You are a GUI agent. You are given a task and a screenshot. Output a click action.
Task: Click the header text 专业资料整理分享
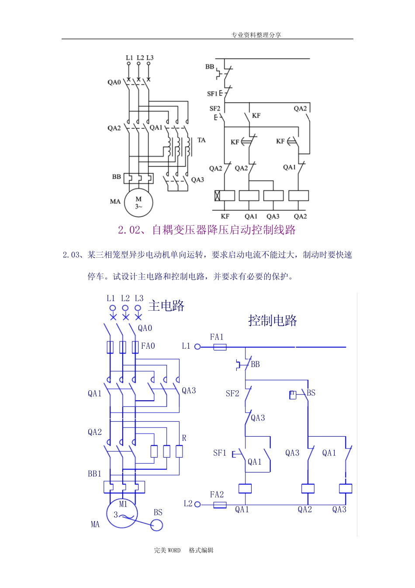(256, 35)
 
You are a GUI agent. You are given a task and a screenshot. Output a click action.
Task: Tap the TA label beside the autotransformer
(201, 140)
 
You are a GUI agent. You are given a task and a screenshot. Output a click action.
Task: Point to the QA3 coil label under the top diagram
(273, 217)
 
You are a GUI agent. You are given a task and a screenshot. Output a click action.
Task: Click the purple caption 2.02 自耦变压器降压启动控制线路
(207, 230)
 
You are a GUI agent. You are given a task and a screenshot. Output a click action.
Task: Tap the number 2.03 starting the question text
(71, 255)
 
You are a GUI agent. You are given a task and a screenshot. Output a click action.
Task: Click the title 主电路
(166, 306)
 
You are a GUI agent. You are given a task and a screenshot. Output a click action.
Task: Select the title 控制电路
(273, 321)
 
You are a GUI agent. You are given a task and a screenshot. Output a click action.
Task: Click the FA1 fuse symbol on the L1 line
(219, 347)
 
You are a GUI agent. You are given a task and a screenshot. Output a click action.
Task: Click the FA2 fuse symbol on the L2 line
(219, 504)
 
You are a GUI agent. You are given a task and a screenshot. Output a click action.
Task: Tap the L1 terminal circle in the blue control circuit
(197, 347)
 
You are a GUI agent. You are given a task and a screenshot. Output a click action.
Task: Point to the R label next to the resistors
(184, 438)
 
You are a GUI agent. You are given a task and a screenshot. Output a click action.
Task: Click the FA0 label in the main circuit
(148, 346)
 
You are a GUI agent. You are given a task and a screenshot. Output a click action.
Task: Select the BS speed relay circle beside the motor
(156, 525)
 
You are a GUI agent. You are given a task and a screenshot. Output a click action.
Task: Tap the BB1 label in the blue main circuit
(94, 474)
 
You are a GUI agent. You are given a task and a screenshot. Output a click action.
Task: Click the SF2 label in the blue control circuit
(232, 394)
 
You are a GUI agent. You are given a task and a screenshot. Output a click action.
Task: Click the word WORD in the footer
(173, 550)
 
